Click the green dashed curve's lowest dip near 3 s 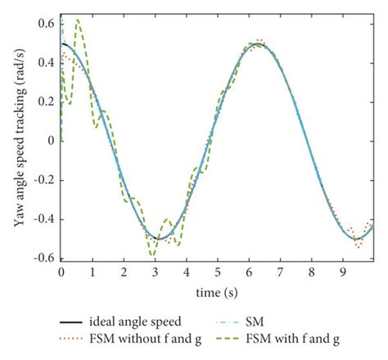click(x=152, y=257)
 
